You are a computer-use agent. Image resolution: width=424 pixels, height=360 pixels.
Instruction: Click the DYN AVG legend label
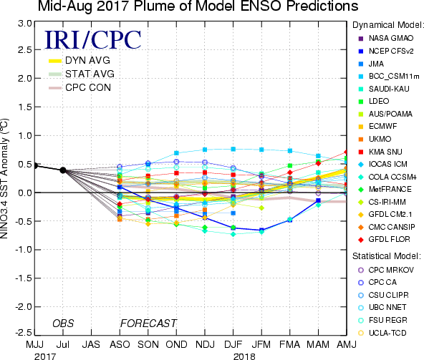click(x=87, y=60)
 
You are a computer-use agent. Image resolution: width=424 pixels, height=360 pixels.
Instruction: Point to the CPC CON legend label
click(x=88, y=87)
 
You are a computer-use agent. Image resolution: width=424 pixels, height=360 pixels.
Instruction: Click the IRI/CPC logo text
click(x=93, y=40)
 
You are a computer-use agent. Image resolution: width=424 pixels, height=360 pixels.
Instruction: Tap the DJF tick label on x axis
click(x=233, y=344)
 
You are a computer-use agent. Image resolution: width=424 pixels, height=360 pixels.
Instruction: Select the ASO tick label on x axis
click(x=120, y=344)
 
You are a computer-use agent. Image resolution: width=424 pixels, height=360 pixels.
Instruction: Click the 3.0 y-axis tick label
click(x=25, y=24)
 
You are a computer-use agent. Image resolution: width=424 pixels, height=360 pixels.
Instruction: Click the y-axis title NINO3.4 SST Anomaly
click(x=4, y=178)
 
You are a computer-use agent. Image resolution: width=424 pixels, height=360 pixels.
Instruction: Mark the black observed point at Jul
click(x=63, y=170)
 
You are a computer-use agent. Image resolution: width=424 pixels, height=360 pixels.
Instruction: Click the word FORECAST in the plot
click(x=148, y=323)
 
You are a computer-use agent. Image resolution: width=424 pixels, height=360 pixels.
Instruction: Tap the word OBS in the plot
click(x=63, y=323)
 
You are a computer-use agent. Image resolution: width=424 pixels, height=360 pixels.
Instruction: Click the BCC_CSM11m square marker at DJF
click(x=233, y=149)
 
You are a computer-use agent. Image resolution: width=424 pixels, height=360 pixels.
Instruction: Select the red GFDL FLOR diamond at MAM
click(x=318, y=163)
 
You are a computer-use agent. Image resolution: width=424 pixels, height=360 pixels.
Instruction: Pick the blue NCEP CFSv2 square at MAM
click(x=318, y=200)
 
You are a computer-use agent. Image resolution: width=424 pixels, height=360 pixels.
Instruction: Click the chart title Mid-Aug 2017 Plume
click(x=198, y=6)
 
